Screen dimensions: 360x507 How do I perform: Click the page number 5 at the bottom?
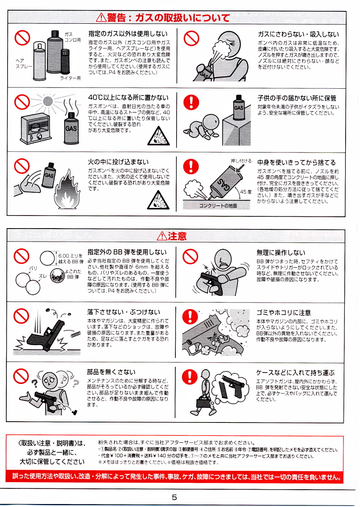(175, 497)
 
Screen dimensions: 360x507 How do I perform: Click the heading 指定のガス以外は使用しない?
(128, 34)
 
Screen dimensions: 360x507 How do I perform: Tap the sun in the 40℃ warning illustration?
(48, 101)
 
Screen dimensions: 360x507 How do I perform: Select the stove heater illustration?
(35, 128)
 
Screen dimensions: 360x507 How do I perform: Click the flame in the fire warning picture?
(67, 190)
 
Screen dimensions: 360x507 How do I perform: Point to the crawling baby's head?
(211, 122)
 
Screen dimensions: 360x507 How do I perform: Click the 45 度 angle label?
(245, 192)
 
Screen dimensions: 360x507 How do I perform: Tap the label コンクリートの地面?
(218, 205)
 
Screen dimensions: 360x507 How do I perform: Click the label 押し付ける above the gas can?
(241, 161)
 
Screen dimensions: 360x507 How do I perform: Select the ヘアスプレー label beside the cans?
(24, 64)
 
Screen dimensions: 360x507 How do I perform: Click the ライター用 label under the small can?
(70, 78)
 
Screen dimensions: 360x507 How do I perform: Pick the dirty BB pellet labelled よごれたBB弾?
(57, 275)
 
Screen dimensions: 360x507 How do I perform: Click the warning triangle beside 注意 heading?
(162, 236)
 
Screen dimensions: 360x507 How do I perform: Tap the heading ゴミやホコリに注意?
(284, 313)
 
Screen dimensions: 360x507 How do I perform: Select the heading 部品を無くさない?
(111, 372)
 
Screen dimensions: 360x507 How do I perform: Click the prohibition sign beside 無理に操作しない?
(190, 256)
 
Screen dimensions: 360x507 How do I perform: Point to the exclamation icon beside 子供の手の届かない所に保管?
(191, 102)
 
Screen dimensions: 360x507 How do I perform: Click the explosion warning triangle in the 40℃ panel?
(158, 136)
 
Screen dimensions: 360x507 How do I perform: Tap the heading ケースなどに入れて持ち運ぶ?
(295, 373)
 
